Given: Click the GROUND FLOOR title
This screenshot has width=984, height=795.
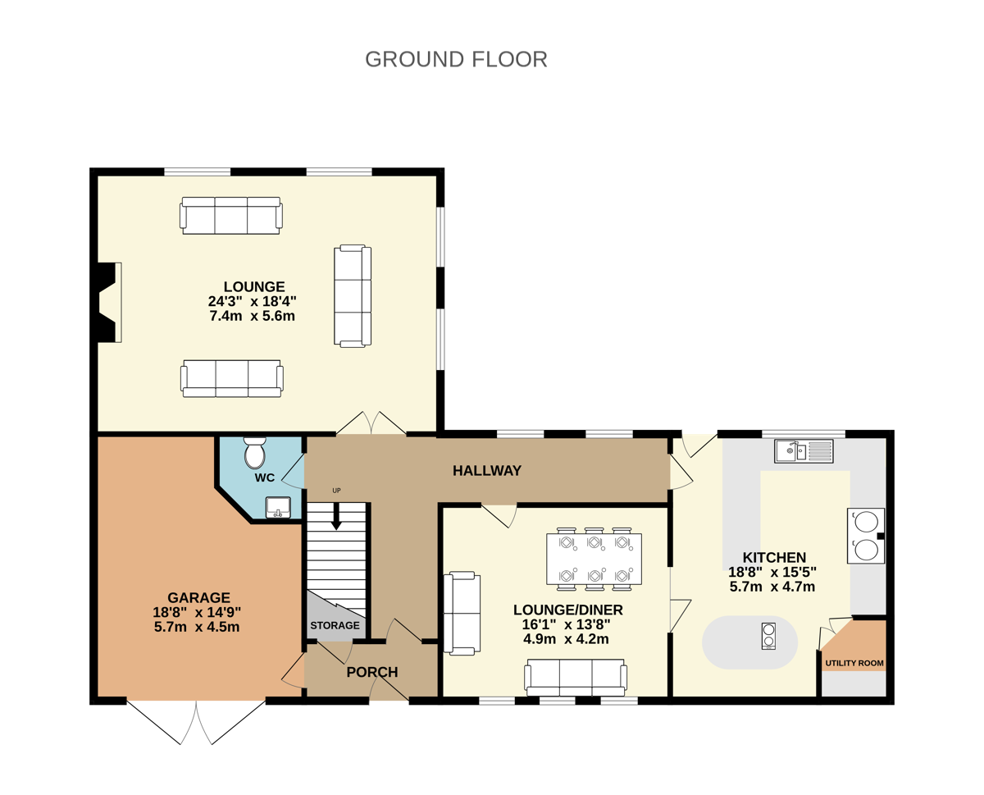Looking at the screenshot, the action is click(x=456, y=60).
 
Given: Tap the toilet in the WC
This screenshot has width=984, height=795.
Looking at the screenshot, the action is click(x=254, y=453).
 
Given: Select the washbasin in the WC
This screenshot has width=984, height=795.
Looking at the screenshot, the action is click(x=278, y=507).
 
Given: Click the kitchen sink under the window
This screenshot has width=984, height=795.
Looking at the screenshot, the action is click(x=804, y=451).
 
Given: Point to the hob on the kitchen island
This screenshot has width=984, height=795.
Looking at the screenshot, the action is click(x=768, y=636).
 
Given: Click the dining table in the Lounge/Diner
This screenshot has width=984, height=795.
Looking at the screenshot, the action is click(x=594, y=559).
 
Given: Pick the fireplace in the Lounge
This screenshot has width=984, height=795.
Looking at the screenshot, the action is click(x=107, y=302).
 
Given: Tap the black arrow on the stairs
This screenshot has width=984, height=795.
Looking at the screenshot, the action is click(x=336, y=516).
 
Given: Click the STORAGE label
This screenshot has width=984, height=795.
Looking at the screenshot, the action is click(x=335, y=625).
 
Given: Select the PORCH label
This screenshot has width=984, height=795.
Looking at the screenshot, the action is click(x=372, y=672).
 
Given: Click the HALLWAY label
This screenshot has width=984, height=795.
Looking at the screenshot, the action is click(x=487, y=471).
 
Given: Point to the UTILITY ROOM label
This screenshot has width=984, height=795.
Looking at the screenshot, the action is click(x=854, y=663).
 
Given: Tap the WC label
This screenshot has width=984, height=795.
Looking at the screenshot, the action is click(x=265, y=477).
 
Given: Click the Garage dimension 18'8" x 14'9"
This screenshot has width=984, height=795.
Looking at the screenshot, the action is click(x=197, y=612).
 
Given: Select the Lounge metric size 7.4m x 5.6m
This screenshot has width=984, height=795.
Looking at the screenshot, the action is click(x=253, y=316).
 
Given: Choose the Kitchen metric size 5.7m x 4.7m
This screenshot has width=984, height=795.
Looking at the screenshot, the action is click(x=772, y=587).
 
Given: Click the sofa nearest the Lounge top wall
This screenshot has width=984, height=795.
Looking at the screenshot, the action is click(x=231, y=216).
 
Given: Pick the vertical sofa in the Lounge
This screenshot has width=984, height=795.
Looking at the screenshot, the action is click(x=353, y=296).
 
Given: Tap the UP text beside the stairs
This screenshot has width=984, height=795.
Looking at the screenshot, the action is click(x=336, y=491).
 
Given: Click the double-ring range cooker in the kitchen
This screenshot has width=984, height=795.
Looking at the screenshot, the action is click(x=866, y=536).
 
